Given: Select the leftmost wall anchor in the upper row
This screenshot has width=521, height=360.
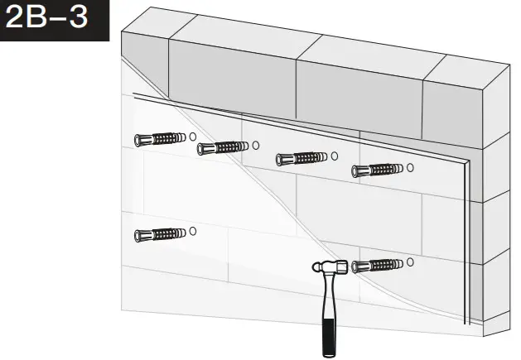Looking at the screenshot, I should pyautogui.click(x=158, y=137).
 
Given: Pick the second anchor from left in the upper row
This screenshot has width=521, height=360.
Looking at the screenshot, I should pyautogui.click(x=220, y=148).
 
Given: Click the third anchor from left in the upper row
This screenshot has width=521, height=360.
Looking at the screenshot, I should pyautogui.click(x=301, y=158).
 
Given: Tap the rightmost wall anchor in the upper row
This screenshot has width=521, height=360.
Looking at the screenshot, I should pyautogui.click(x=377, y=170).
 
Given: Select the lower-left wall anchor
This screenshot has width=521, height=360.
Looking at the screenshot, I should pyautogui.click(x=158, y=234).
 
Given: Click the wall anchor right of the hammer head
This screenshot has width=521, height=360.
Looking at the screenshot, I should pyautogui.click(x=377, y=266).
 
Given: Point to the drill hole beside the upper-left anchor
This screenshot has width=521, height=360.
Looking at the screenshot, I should pyautogui.click(x=192, y=136).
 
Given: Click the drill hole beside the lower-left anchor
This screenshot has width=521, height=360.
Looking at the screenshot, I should pyautogui.click(x=192, y=232).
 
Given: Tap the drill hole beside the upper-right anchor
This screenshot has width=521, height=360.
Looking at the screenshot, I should pyautogui.click(x=410, y=168).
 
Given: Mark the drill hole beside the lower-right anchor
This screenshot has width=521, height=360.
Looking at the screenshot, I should pyautogui.click(x=410, y=263).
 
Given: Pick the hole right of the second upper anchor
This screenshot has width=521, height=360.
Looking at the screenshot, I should pyautogui.click(x=255, y=146).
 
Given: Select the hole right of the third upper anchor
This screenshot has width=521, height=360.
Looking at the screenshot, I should pyautogui.click(x=334, y=156).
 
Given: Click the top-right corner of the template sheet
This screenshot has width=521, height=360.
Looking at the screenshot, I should pyautogui.click(x=470, y=159).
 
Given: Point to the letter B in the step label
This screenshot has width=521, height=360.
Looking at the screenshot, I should pyautogui.click(x=40, y=20).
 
